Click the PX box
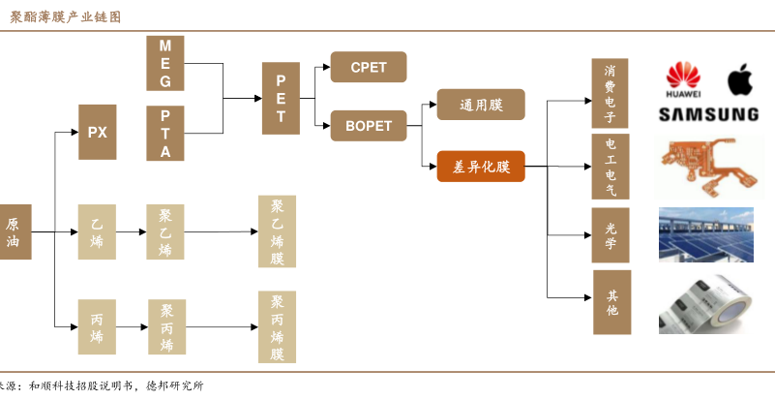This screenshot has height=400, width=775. [97, 132]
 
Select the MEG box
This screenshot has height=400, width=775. [164, 61]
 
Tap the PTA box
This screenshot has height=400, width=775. [164, 133]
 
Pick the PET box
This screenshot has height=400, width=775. [281, 97]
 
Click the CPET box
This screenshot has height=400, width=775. [368, 67]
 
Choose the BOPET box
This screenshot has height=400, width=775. [368, 126]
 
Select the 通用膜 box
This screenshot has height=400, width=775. [481, 105]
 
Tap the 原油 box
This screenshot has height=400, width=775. [14, 231]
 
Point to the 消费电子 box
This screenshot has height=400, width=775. [610, 94]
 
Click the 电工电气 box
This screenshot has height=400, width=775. [610, 167]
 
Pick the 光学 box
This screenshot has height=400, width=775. [610, 235]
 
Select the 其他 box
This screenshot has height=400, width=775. [611, 303]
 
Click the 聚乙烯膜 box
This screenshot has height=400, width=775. [277, 232]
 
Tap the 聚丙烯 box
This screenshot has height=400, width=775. [165, 327]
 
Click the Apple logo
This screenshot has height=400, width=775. [739, 81]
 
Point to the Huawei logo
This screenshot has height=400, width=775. [684, 81]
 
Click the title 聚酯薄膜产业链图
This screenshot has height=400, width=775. [66, 16]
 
